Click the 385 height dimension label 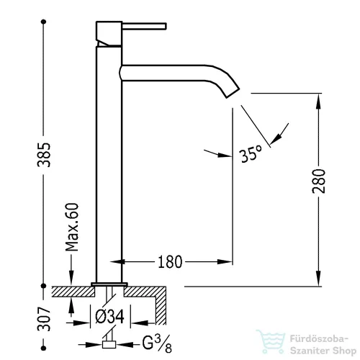pos(44,155)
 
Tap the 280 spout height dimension pos(319,181)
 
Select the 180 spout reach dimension pos(170,262)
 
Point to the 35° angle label pos(251,153)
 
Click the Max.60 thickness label pos(72,227)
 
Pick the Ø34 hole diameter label pos(110,317)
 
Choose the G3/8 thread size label pos(157,343)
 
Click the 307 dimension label pos(44,319)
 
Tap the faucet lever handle pos(144,26)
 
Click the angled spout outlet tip pos(233,93)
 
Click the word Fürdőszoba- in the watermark pos(319,339)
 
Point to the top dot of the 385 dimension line pos(43,22)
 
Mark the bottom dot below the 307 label pos(43,348)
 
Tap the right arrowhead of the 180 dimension pos(225,261)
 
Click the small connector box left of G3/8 pos(109,344)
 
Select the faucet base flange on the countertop pos(109,284)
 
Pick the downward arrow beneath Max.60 pos(71,270)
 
